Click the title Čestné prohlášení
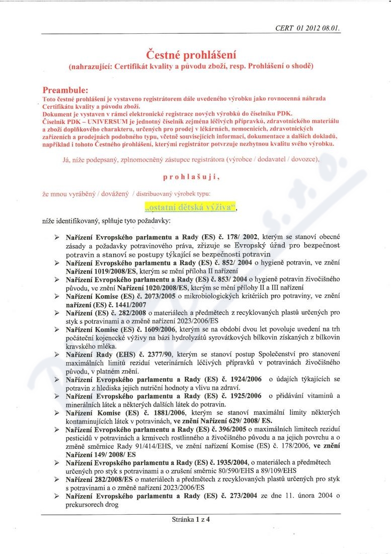191,54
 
